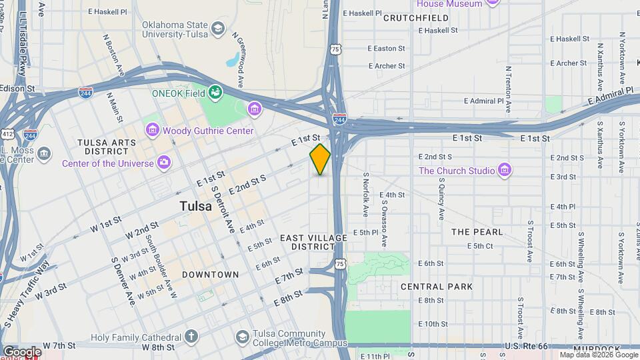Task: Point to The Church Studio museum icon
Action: tap(505, 170)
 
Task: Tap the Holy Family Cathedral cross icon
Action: tap(191, 336)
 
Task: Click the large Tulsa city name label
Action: tap(196, 207)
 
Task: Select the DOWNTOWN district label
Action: tap(211, 275)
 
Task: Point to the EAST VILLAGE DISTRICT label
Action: tap(313, 242)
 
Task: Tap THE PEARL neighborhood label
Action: tap(476, 232)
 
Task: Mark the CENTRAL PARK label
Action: tap(437, 287)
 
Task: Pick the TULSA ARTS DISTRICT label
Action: tap(102, 147)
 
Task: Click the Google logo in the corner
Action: tap(21, 351)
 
